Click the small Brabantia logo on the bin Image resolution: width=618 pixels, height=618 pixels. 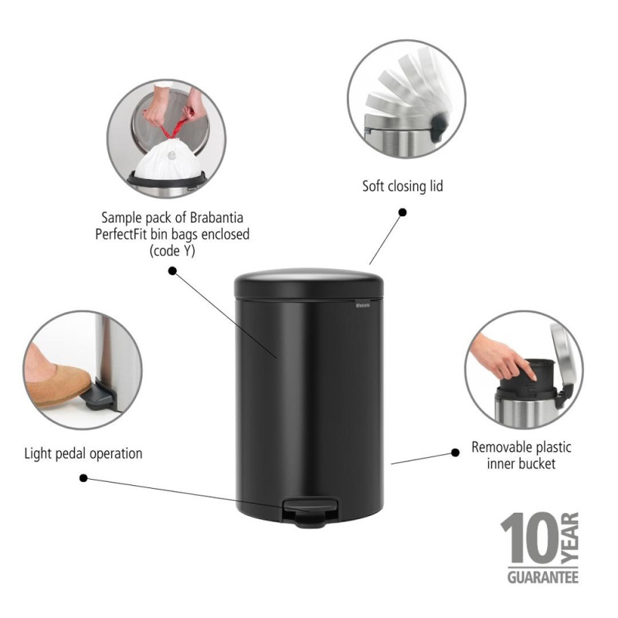coord(363,307)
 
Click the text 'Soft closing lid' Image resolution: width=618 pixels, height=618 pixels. coord(402,186)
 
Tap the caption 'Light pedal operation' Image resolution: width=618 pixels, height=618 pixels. coord(83,453)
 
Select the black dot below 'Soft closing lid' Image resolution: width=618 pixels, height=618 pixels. coord(402,211)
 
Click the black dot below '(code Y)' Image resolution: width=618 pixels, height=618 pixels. coord(172,271)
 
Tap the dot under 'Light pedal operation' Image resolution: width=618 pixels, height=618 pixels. coord(84,478)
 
